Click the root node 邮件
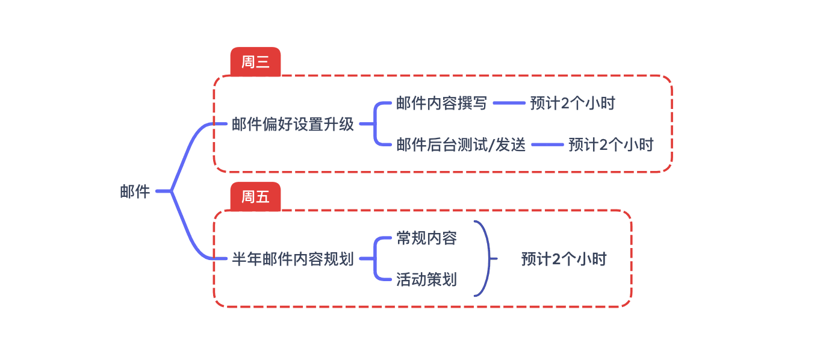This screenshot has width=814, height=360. (x=135, y=192)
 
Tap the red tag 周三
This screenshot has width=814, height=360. (x=255, y=62)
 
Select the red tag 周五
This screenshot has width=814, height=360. (x=255, y=197)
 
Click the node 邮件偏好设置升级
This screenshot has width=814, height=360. (x=293, y=125)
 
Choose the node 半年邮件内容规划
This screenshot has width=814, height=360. (x=293, y=259)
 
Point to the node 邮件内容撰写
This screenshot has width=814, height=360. (x=441, y=104)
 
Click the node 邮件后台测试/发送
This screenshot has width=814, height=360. (x=461, y=145)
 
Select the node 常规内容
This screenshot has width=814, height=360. (x=426, y=238)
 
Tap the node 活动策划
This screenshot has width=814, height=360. (x=426, y=280)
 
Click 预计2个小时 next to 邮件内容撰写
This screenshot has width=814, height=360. (x=573, y=104)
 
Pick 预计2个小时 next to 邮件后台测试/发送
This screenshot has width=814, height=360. (x=610, y=145)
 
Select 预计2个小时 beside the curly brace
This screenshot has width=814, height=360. (x=564, y=259)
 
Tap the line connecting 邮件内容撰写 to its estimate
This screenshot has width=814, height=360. (x=509, y=104)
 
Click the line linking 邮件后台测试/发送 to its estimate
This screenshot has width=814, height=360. (x=547, y=145)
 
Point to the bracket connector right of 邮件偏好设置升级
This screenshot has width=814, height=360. (x=374, y=125)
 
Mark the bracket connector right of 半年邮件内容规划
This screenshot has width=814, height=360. (x=374, y=259)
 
